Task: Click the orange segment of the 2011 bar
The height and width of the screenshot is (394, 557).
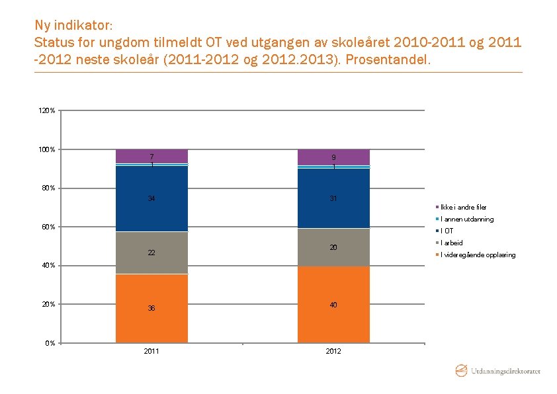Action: (x=151, y=308)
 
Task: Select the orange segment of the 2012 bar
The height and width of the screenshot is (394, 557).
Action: (x=333, y=304)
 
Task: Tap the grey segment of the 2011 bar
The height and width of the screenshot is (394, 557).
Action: (x=151, y=253)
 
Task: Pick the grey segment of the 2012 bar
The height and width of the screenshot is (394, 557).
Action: (x=333, y=247)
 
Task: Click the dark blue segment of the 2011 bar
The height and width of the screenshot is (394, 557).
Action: (x=151, y=198)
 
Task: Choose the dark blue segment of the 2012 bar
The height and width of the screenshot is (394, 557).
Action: (x=333, y=198)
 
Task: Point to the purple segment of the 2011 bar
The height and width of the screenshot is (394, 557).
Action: (x=151, y=155)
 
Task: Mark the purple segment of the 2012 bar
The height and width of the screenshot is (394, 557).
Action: (x=333, y=157)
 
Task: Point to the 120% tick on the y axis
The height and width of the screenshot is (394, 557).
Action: (x=47, y=110)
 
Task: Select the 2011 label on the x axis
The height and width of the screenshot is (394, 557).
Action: (x=151, y=351)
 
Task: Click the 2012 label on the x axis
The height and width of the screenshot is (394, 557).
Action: (x=333, y=351)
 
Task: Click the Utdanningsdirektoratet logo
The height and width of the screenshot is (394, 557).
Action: (x=497, y=371)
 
